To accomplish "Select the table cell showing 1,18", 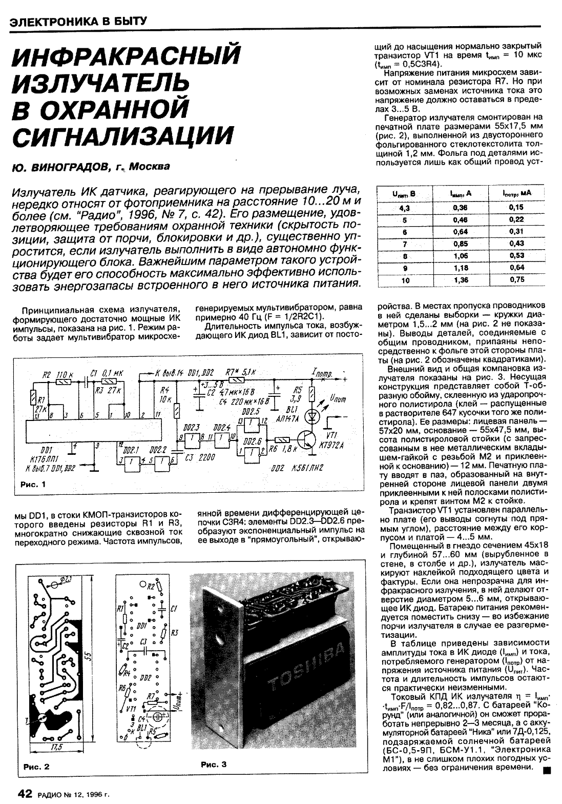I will pyautogui.click(x=461, y=267).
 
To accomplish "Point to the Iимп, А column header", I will pyautogui.click(x=461, y=194).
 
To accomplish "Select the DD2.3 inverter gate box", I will pyautogui.click(x=191, y=437).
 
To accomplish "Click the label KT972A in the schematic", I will pyautogui.click(x=331, y=445).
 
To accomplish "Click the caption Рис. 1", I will pyautogui.click(x=33, y=484).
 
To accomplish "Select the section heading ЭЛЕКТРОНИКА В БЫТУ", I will pyautogui.click(x=79, y=22).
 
